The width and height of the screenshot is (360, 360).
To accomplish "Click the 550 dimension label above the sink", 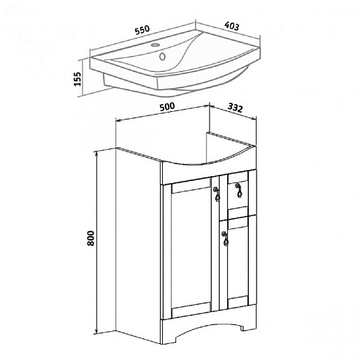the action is [143, 30].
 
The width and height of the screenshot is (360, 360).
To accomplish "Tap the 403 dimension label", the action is [231, 26].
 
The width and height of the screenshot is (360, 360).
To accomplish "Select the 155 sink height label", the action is [78, 79].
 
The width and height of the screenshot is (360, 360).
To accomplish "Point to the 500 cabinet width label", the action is [167, 107].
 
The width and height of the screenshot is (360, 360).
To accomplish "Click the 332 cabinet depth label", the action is [235, 108].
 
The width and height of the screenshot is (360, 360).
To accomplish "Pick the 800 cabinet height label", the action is [91, 238].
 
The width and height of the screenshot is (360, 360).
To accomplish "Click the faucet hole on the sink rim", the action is [154, 45].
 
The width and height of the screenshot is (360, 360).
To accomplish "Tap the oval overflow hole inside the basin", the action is [162, 57].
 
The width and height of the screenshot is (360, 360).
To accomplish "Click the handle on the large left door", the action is [217, 194].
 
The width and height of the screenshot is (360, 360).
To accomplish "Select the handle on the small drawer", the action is [238, 190].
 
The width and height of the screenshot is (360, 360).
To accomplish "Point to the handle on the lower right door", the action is [225, 238].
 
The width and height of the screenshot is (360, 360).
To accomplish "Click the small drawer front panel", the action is [238, 194].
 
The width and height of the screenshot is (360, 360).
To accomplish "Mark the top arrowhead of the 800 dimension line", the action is [96, 153].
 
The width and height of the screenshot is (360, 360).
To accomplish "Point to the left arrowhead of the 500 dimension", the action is [118, 120].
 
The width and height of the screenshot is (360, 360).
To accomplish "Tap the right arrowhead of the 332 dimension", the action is [254, 119].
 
